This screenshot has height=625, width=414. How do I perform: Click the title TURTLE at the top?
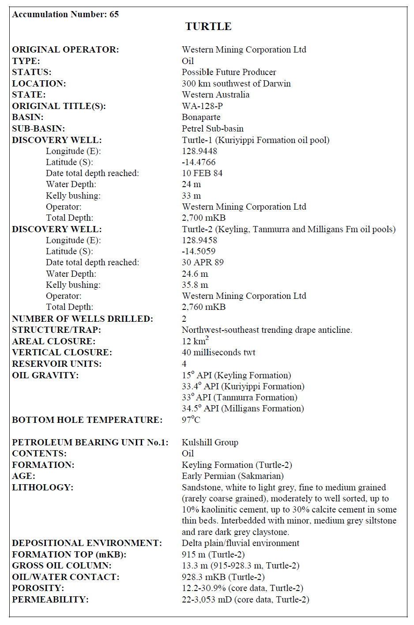point(208,26)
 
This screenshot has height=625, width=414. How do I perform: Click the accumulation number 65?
point(114,15)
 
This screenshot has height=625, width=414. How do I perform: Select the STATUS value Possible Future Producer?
point(229,72)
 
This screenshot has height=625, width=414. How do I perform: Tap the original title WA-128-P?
point(202,106)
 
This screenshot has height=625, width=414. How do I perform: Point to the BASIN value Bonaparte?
point(201,117)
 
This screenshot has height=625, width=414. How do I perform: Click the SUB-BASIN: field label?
point(38,128)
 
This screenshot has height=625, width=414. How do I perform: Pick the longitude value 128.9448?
point(199,151)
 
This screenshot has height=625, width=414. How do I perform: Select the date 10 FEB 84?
point(202,173)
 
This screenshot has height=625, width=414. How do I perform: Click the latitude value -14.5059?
point(199,251)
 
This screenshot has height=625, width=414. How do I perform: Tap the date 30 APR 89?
point(203,262)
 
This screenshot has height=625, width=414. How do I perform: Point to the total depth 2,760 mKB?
point(203,307)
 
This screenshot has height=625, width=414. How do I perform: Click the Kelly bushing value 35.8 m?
point(195,285)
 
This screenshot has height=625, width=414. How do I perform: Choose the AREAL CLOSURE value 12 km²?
point(195,341)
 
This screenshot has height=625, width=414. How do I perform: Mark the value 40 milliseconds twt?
point(218,352)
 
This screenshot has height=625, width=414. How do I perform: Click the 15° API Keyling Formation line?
point(236,375)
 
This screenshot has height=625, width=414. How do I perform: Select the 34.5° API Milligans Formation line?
point(243,408)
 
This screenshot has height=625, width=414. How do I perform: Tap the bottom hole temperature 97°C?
point(191,420)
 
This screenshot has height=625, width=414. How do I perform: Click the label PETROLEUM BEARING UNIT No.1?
point(90,442)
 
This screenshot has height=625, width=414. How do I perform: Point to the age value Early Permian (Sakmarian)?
point(233,476)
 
